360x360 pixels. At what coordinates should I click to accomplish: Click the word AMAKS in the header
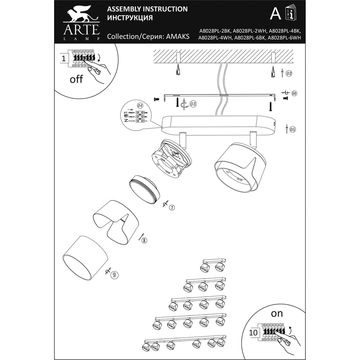coord(177,36)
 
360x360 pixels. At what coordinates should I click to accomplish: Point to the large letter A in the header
coord(275,14)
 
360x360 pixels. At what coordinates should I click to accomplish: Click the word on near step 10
coord(276,314)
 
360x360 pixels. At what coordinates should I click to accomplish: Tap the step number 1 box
coord(64,58)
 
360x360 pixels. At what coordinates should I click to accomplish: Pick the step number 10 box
coord(253,332)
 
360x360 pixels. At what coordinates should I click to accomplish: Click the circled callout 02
coord(289,73)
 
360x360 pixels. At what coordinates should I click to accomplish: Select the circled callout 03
coord(193,104)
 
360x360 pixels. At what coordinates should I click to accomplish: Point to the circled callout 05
coord(292,129)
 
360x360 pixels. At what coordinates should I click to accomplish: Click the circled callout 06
coord(294,93)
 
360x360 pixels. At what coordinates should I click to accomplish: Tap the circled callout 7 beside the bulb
coord(172,208)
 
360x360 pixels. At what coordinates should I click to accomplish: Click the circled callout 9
coord(114,275)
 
